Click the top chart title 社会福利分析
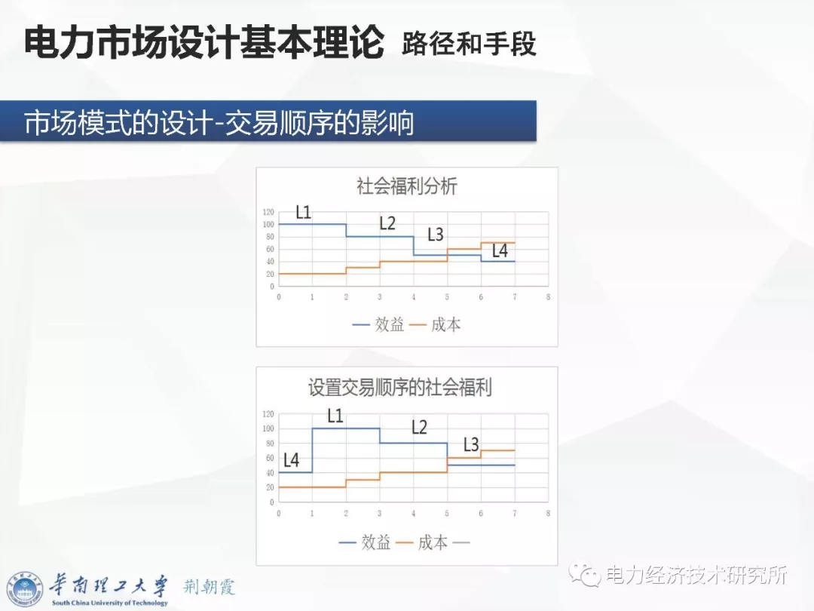click(x=406, y=186)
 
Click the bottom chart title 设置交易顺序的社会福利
click(x=399, y=388)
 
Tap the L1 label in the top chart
click(x=303, y=212)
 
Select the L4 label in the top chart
click(x=500, y=251)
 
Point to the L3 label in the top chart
click(x=436, y=235)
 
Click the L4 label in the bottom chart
click(x=291, y=460)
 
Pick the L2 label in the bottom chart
click(x=419, y=427)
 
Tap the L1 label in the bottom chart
click(x=335, y=416)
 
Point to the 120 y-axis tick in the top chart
click(x=268, y=212)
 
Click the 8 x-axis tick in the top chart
click(x=548, y=296)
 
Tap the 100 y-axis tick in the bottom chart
click(x=268, y=428)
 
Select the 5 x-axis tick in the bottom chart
click(x=447, y=514)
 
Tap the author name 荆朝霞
click(x=210, y=587)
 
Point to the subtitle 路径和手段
click(x=469, y=43)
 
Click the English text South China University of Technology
click(x=110, y=603)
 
